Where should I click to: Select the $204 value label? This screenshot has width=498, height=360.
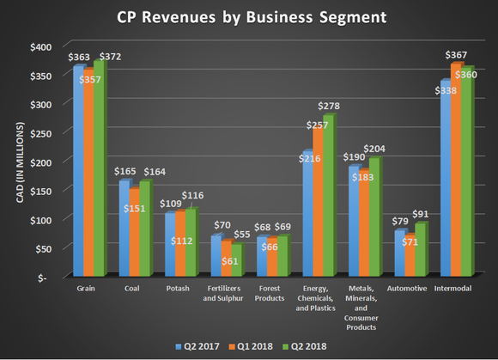click(374, 148)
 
